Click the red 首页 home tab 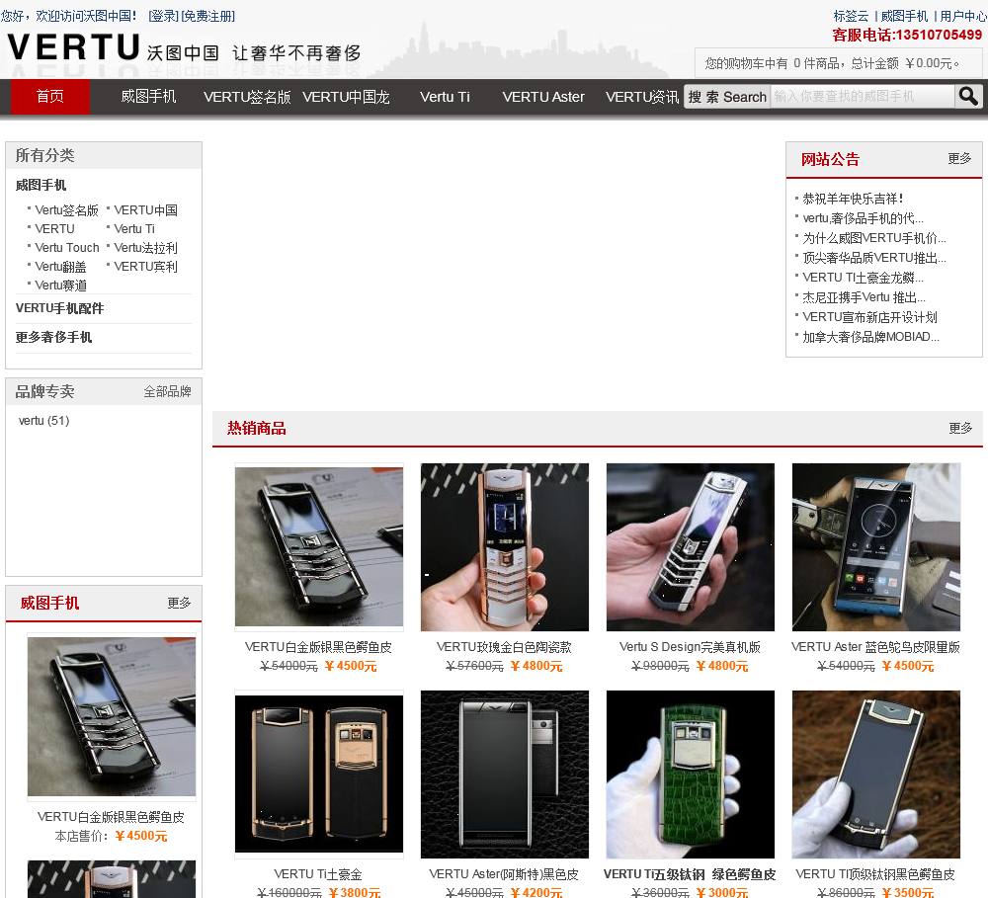pyautogui.click(x=49, y=97)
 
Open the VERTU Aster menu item pyautogui.click(x=543, y=97)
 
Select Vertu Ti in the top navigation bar pyautogui.click(x=445, y=97)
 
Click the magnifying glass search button pyautogui.click(x=968, y=96)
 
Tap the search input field pyautogui.click(x=862, y=96)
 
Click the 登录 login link pyautogui.click(x=163, y=16)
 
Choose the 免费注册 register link pyautogui.click(x=207, y=16)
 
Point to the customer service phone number pyautogui.click(x=907, y=35)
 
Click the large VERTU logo pyautogui.click(x=73, y=47)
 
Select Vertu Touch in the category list pyautogui.click(x=67, y=248)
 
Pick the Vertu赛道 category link pyautogui.click(x=60, y=286)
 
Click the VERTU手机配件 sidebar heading pyautogui.click(x=60, y=308)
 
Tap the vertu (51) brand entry pyautogui.click(x=44, y=420)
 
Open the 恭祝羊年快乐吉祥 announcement pyautogui.click(x=854, y=199)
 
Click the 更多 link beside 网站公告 pyautogui.click(x=959, y=158)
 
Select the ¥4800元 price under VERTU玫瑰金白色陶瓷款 pyautogui.click(x=536, y=666)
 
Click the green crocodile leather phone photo pyautogui.click(x=691, y=775)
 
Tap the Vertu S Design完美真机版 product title pyautogui.click(x=690, y=646)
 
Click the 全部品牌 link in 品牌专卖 pyautogui.click(x=167, y=391)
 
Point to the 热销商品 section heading pyautogui.click(x=257, y=429)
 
